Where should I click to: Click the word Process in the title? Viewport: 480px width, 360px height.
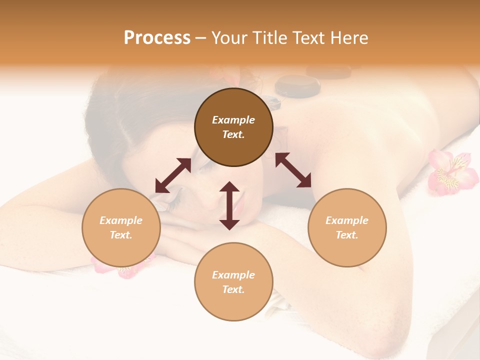pyautogui.click(x=157, y=38)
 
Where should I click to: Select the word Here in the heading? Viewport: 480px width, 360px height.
pyautogui.click(x=349, y=38)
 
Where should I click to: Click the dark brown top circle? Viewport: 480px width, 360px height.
pyautogui.click(x=233, y=127)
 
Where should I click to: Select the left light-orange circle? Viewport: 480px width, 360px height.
pyautogui.click(x=121, y=227)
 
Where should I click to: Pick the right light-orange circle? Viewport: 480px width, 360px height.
pyautogui.click(x=347, y=227)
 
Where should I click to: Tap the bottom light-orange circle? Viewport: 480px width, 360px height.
pyautogui.click(x=233, y=281)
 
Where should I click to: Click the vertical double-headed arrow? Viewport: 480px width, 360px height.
pyautogui.click(x=229, y=205)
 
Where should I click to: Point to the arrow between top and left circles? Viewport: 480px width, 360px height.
pyautogui.click(x=173, y=175)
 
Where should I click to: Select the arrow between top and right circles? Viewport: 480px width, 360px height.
pyautogui.click(x=293, y=170)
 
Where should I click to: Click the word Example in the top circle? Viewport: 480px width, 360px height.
pyautogui.click(x=233, y=120)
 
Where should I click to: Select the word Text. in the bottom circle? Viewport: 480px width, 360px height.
pyautogui.click(x=233, y=289)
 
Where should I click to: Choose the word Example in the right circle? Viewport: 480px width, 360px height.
pyautogui.click(x=347, y=220)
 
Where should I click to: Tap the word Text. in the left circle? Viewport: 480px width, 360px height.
pyautogui.click(x=121, y=235)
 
